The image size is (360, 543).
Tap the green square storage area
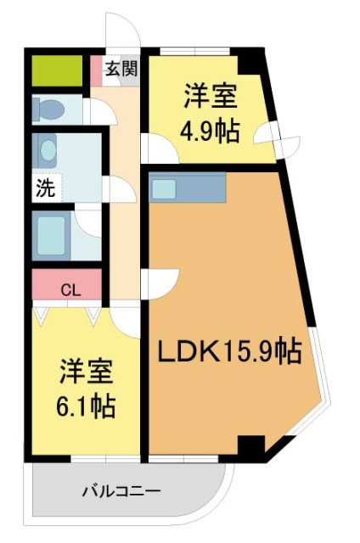57,70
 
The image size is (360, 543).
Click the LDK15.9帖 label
228,350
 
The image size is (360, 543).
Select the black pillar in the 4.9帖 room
251,62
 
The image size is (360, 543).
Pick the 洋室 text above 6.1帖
87,371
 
